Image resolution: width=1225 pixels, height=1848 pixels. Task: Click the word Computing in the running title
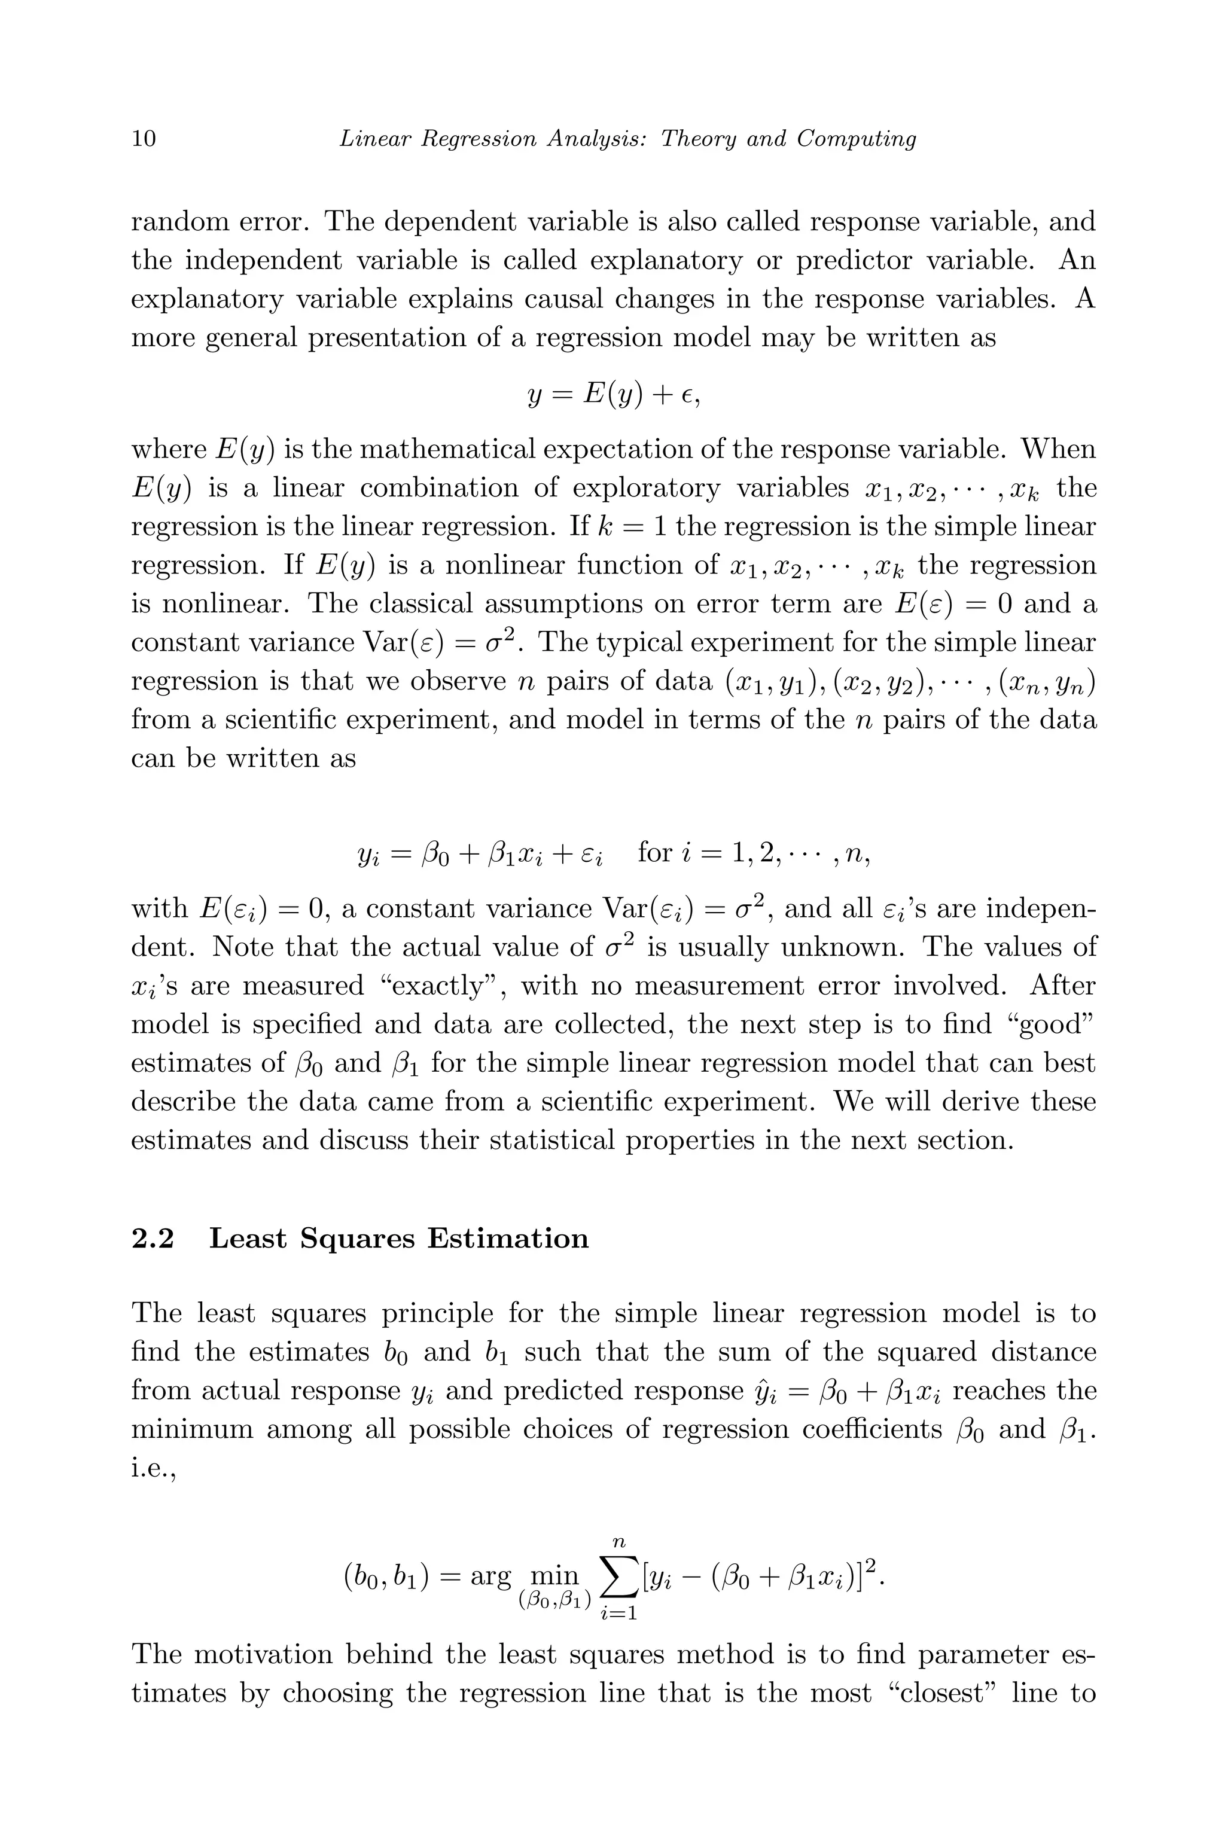857,139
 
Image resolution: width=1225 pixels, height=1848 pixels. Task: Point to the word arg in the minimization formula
490,1575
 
